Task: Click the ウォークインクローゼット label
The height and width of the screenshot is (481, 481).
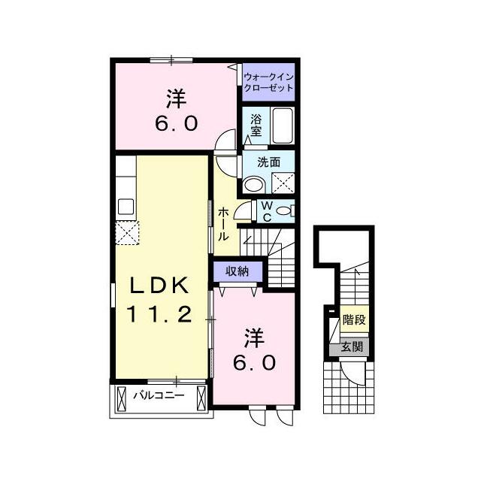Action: tap(268, 83)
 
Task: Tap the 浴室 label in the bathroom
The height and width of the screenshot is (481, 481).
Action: tap(256, 126)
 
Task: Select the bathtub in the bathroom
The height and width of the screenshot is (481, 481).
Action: tap(283, 126)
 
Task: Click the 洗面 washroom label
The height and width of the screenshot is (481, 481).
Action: tap(269, 162)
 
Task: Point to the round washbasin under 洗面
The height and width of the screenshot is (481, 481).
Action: tap(254, 185)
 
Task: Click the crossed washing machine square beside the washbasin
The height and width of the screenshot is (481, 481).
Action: tap(283, 183)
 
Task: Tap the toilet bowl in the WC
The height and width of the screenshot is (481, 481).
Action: tap(283, 211)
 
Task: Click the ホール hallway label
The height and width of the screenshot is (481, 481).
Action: tap(224, 224)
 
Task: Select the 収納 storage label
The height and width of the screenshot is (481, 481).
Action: tap(237, 271)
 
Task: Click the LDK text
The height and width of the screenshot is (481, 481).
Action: tap(159, 286)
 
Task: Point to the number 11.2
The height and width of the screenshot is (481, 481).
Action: tap(159, 314)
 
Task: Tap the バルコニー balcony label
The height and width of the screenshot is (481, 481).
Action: tap(159, 395)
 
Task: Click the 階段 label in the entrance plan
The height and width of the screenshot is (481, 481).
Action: tap(354, 320)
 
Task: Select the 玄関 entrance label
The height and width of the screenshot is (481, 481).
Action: tap(352, 347)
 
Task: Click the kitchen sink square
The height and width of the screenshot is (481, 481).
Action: tap(126, 207)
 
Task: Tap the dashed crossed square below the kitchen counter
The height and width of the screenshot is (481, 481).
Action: tap(127, 233)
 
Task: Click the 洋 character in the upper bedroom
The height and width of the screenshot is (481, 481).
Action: tap(177, 98)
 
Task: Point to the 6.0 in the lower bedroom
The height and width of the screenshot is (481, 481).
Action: tap(254, 363)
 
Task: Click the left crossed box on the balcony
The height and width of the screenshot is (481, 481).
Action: tap(122, 398)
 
